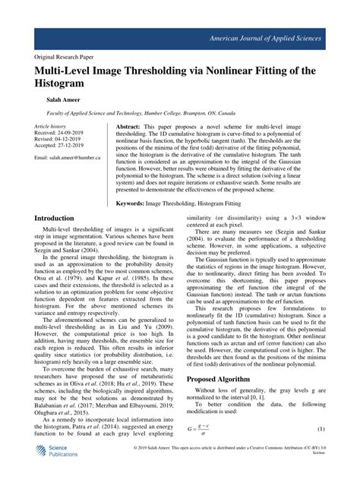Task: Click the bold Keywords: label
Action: pos(135,203)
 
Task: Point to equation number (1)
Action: pos(321,450)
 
